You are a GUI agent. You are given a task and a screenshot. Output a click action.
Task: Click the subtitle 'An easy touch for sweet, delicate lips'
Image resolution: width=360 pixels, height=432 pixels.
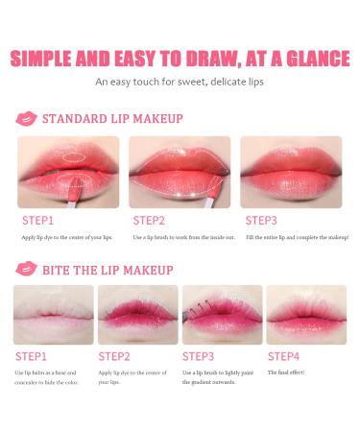(180, 82)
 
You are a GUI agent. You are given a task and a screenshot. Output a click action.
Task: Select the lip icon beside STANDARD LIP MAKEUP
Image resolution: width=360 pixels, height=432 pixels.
(26, 118)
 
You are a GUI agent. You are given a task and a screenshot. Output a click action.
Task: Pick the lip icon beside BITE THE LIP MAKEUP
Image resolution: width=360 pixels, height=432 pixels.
(26, 269)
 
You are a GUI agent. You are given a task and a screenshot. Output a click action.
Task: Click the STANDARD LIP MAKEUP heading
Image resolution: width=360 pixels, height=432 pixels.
(112, 119)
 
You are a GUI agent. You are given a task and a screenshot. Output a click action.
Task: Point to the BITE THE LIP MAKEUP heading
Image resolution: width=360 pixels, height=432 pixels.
(108, 270)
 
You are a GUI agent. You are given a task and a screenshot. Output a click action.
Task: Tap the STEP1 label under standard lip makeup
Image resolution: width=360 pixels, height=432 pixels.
(37, 221)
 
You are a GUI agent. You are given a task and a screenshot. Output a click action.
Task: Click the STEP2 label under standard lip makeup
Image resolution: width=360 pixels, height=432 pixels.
(149, 221)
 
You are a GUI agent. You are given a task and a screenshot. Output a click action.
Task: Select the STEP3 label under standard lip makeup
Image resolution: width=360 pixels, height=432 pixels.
(261, 221)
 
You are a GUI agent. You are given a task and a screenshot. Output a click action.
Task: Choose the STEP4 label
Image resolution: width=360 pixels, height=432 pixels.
(283, 356)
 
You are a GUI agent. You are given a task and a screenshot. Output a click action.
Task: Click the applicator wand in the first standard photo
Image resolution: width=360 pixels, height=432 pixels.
(74, 191)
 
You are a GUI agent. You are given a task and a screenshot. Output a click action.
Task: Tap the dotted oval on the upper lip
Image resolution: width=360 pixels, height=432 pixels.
(74, 157)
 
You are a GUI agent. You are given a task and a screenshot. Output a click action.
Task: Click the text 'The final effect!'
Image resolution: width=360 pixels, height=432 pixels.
(286, 372)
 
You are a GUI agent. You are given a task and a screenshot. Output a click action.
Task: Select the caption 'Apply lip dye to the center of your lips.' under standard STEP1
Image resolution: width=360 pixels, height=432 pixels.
(67, 237)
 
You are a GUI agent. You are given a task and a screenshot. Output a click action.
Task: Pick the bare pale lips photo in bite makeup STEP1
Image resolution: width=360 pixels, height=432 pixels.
(54, 315)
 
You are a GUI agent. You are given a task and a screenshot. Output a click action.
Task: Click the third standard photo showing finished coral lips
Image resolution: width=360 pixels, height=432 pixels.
(291, 172)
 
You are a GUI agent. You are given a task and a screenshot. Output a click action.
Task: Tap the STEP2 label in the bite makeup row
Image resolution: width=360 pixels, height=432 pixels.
(114, 356)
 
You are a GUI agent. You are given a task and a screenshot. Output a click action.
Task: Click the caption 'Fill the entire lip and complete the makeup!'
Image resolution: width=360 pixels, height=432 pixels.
(298, 237)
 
